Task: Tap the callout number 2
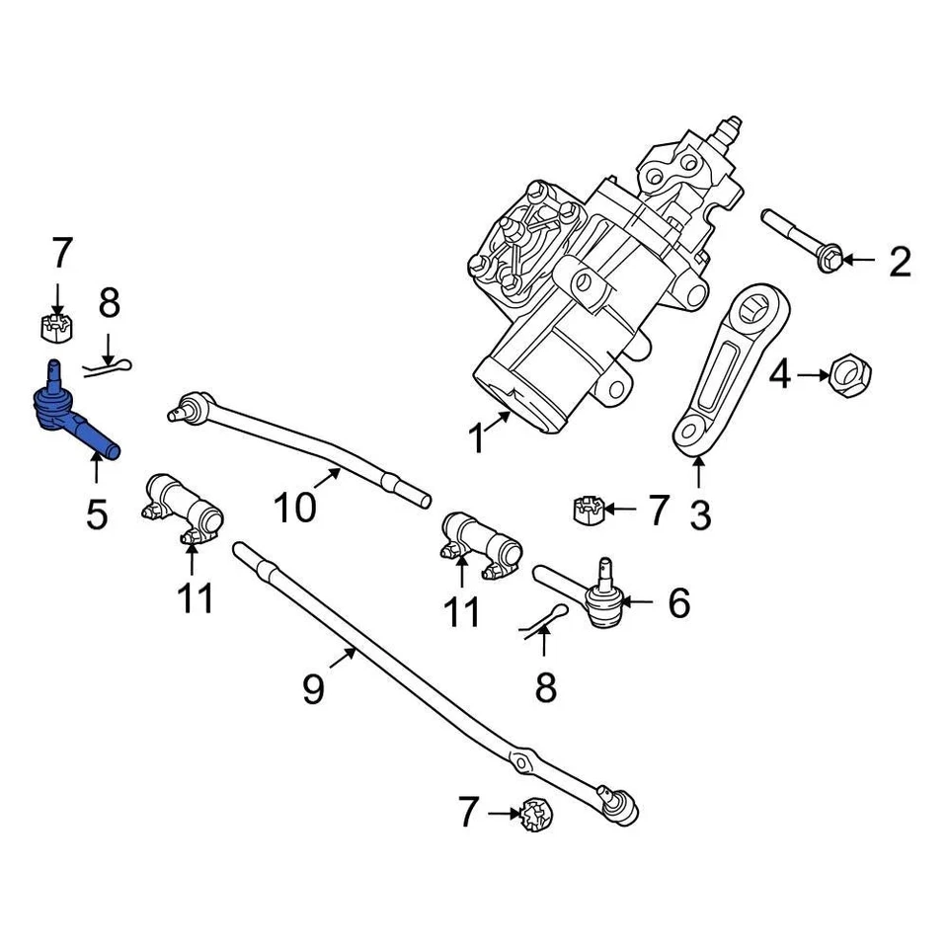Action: [x=900, y=262]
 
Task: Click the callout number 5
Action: [x=96, y=513]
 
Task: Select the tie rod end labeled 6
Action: [x=596, y=596]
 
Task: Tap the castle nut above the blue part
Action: [x=56, y=325]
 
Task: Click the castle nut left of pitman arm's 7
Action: [x=588, y=509]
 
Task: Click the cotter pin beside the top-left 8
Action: [x=108, y=366]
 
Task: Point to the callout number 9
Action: [x=312, y=688]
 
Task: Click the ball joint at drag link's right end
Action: [x=620, y=804]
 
